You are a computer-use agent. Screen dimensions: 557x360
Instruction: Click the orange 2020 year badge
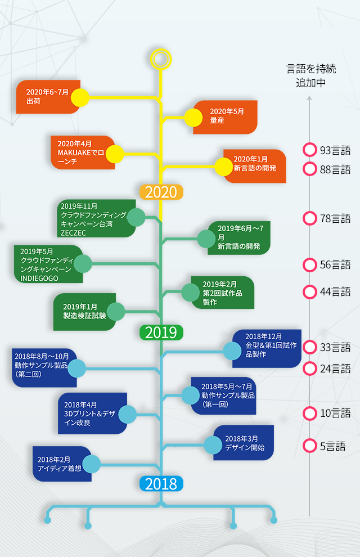pyautogui.click(x=161, y=192)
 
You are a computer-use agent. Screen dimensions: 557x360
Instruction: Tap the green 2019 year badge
pyautogui.click(x=161, y=333)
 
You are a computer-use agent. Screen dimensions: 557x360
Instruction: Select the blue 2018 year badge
pyautogui.click(x=161, y=483)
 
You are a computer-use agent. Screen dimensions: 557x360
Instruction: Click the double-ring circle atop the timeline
pyautogui.click(x=161, y=59)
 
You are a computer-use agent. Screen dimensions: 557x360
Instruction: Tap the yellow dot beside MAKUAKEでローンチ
pyautogui.click(x=115, y=154)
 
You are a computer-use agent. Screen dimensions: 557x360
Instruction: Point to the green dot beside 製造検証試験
pyautogui.click(x=115, y=311)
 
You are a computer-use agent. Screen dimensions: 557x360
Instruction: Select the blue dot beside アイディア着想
pyautogui.click(x=92, y=464)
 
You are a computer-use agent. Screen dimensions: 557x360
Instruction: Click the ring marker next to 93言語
pyautogui.click(x=309, y=150)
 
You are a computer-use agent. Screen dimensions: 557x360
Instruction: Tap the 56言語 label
pyautogui.click(x=335, y=264)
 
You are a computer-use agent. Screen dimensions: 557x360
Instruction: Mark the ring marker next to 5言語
pyautogui.click(x=309, y=446)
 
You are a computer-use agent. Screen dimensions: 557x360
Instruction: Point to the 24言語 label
pyautogui.click(x=335, y=369)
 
